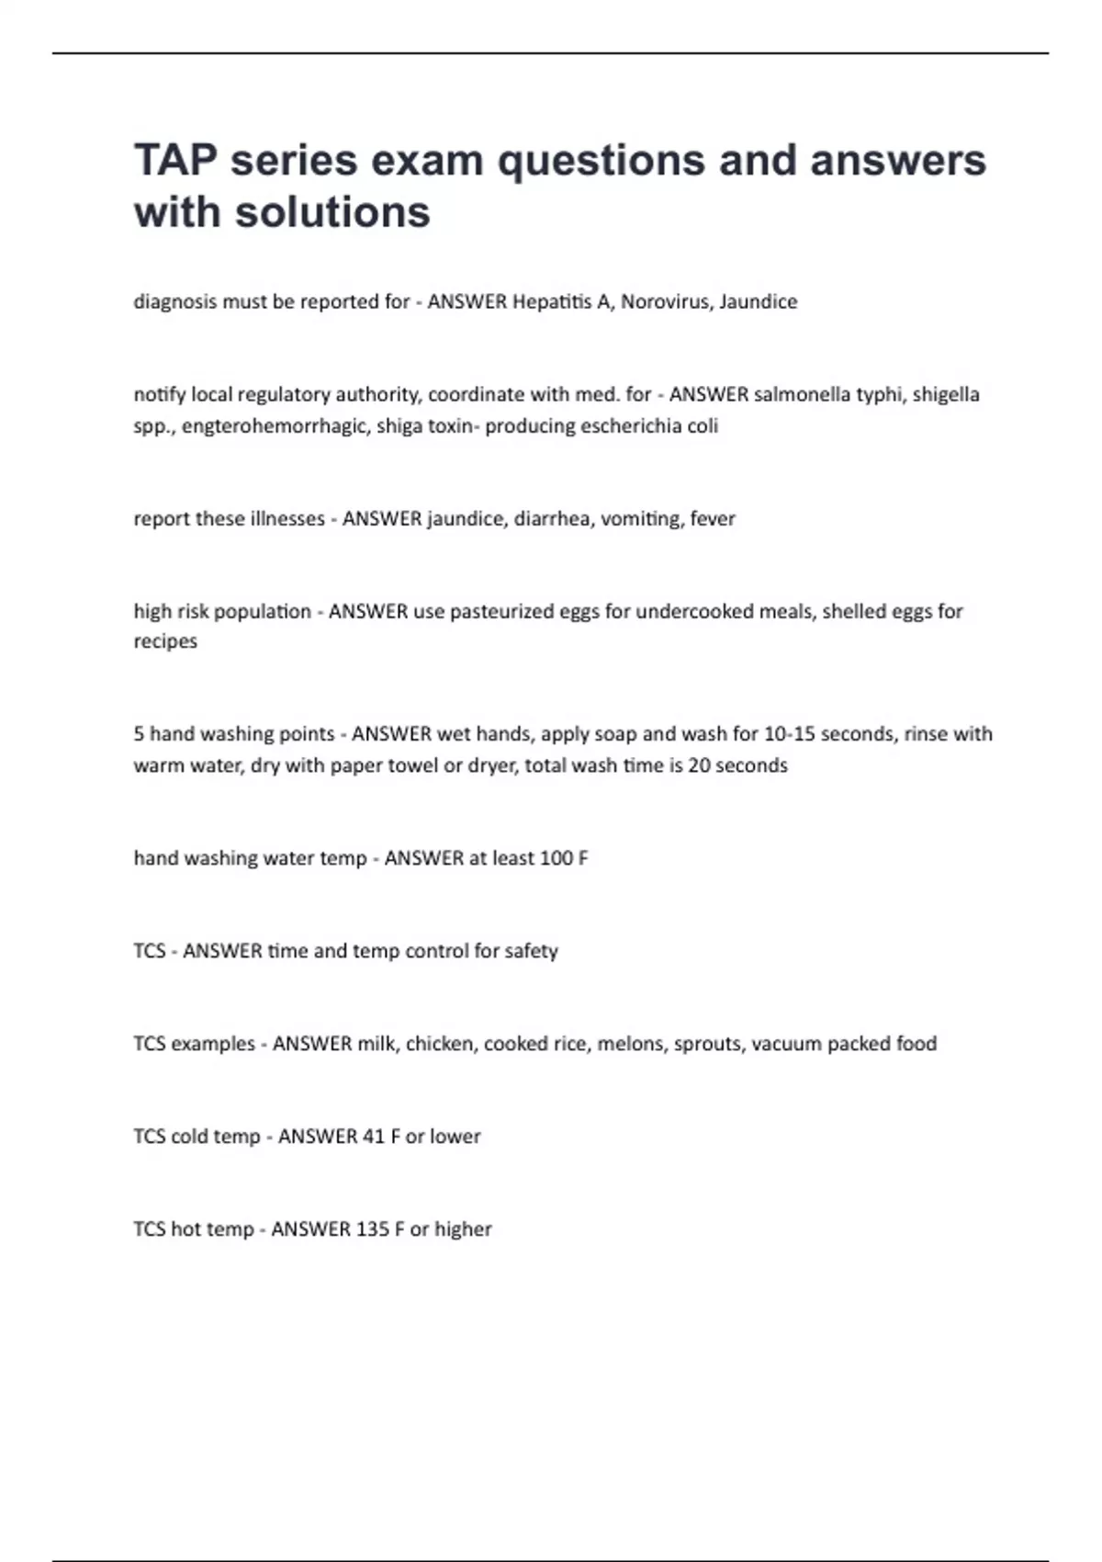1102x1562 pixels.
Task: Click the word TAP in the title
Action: click(x=175, y=160)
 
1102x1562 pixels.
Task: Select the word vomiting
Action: click(x=638, y=519)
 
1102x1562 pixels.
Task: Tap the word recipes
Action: click(x=165, y=641)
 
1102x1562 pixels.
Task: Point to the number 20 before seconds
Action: click(x=699, y=765)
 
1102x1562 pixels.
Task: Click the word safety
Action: click(x=530, y=951)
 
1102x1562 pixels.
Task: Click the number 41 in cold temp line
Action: click(x=374, y=1137)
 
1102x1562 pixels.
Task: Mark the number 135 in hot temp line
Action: click(x=374, y=1229)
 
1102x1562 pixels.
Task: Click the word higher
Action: click(x=464, y=1229)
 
